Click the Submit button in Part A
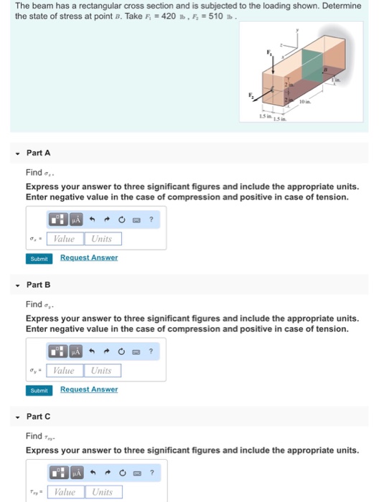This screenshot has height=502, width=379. [x=39, y=258]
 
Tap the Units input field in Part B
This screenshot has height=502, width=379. [x=102, y=370]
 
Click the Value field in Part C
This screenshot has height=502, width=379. [x=65, y=492]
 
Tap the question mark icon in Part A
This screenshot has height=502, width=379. [x=151, y=220]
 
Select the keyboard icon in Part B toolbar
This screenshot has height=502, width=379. [x=137, y=351]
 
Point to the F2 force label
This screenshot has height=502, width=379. [x=251, y=95]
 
